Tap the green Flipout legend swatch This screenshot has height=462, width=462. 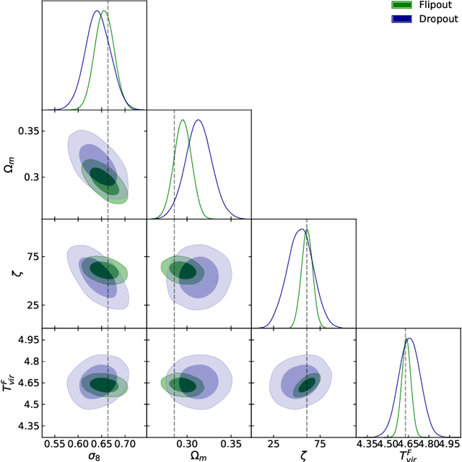(402, 5)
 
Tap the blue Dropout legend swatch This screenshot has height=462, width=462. (402, 18)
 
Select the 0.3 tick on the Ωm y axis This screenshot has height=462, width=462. (30, 177)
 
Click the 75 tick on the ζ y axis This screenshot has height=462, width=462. (32, 256)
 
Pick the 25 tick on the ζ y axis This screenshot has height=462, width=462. (32, 305)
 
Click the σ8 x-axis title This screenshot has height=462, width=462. (94, 456)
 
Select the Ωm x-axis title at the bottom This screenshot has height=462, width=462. (199, 456)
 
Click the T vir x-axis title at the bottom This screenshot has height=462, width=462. (409, 456)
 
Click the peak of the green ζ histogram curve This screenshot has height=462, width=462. (307, 230)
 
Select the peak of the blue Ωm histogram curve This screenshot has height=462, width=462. (199, 120)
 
